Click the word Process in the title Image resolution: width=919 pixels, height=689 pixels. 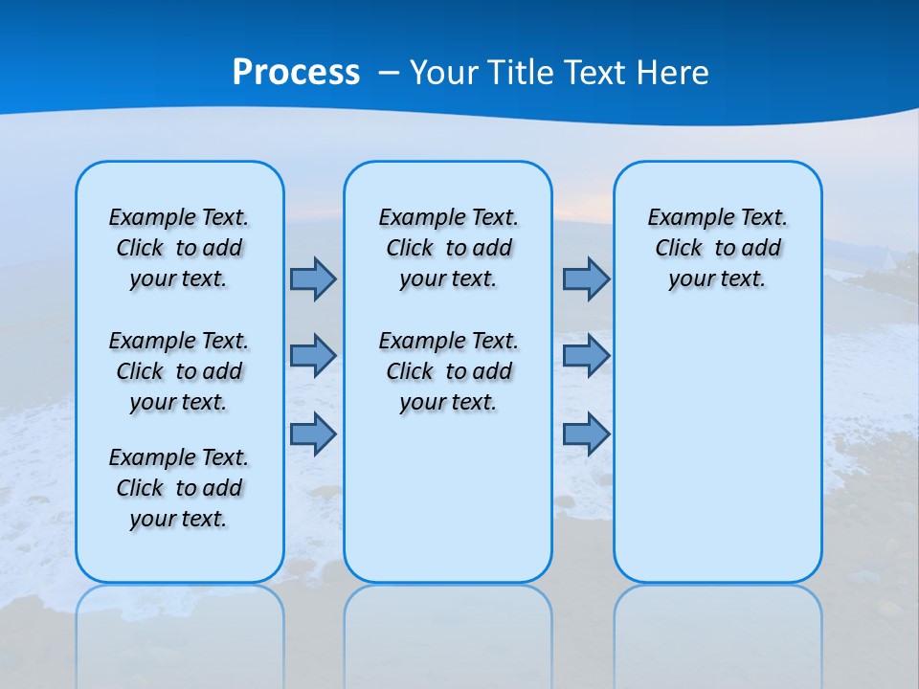click(296, 73)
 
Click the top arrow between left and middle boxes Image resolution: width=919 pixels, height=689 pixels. click(313, 278)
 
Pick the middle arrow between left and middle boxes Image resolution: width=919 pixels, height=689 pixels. click(313, 356)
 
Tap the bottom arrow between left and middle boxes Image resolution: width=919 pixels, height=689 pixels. click(313, 433)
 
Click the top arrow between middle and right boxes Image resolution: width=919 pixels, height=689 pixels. click(586, 278)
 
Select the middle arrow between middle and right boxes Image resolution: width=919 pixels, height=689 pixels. click(586, 356)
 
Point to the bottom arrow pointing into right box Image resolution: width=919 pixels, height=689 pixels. click(586, 433)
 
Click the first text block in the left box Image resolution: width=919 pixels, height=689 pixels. click(179, 248)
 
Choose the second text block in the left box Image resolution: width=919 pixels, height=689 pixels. click(179, 371)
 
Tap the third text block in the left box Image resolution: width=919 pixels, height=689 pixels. click(179, 488)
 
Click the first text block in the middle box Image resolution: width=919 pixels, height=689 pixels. click(448, 248)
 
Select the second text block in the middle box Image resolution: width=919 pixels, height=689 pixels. click(448, 371)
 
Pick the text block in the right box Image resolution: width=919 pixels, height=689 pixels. click(717, 248)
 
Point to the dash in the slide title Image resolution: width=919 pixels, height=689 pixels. click(389, 73)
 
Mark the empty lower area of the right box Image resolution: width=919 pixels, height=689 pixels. click(717, 450)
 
